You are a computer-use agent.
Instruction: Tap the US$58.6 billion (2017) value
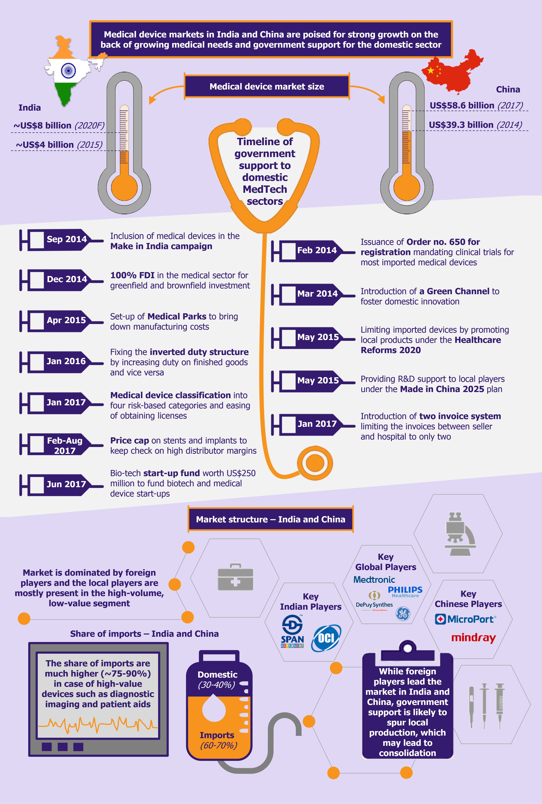tap(476, 105)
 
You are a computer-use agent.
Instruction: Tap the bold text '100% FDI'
tap(132, 275)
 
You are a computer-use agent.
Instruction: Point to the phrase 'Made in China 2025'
tap(442, 389)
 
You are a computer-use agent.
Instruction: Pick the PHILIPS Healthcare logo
tap(405, 592)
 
